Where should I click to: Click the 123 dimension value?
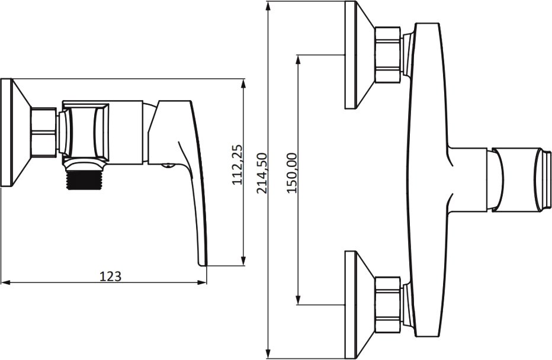[111, 276]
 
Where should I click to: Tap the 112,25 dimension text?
[238, 165]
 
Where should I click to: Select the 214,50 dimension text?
[262, 173]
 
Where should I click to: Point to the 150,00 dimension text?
[292, 173]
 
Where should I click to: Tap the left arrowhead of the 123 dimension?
[5, 282]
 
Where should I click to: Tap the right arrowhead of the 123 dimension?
[202, 282]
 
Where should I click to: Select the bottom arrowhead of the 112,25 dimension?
[243, 261]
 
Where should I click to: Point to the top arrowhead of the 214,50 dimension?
[269, 7]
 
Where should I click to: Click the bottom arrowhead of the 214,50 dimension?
[269, 353]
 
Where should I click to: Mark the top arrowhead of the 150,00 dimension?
[298, 60]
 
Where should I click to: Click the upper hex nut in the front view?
[387, 55]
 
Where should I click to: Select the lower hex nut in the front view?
[387, 305]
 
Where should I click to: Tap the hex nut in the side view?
[43, 132]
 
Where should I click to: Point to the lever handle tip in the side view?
[203, 263]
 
